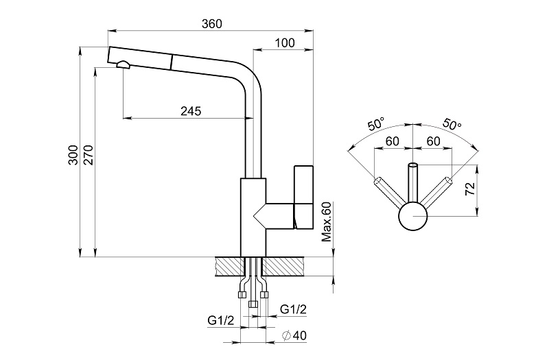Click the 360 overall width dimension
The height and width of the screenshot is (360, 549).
click(x=212, y=24)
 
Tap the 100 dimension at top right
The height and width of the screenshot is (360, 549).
click(x=284, y=43)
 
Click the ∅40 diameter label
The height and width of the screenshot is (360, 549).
click(x=293, y=336)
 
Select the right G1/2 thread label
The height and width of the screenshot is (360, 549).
click(x=293, y=310)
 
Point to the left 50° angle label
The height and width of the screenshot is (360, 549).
click(x=376, y=125)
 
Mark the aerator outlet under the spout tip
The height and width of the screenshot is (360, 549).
click(x=124, y=65)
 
